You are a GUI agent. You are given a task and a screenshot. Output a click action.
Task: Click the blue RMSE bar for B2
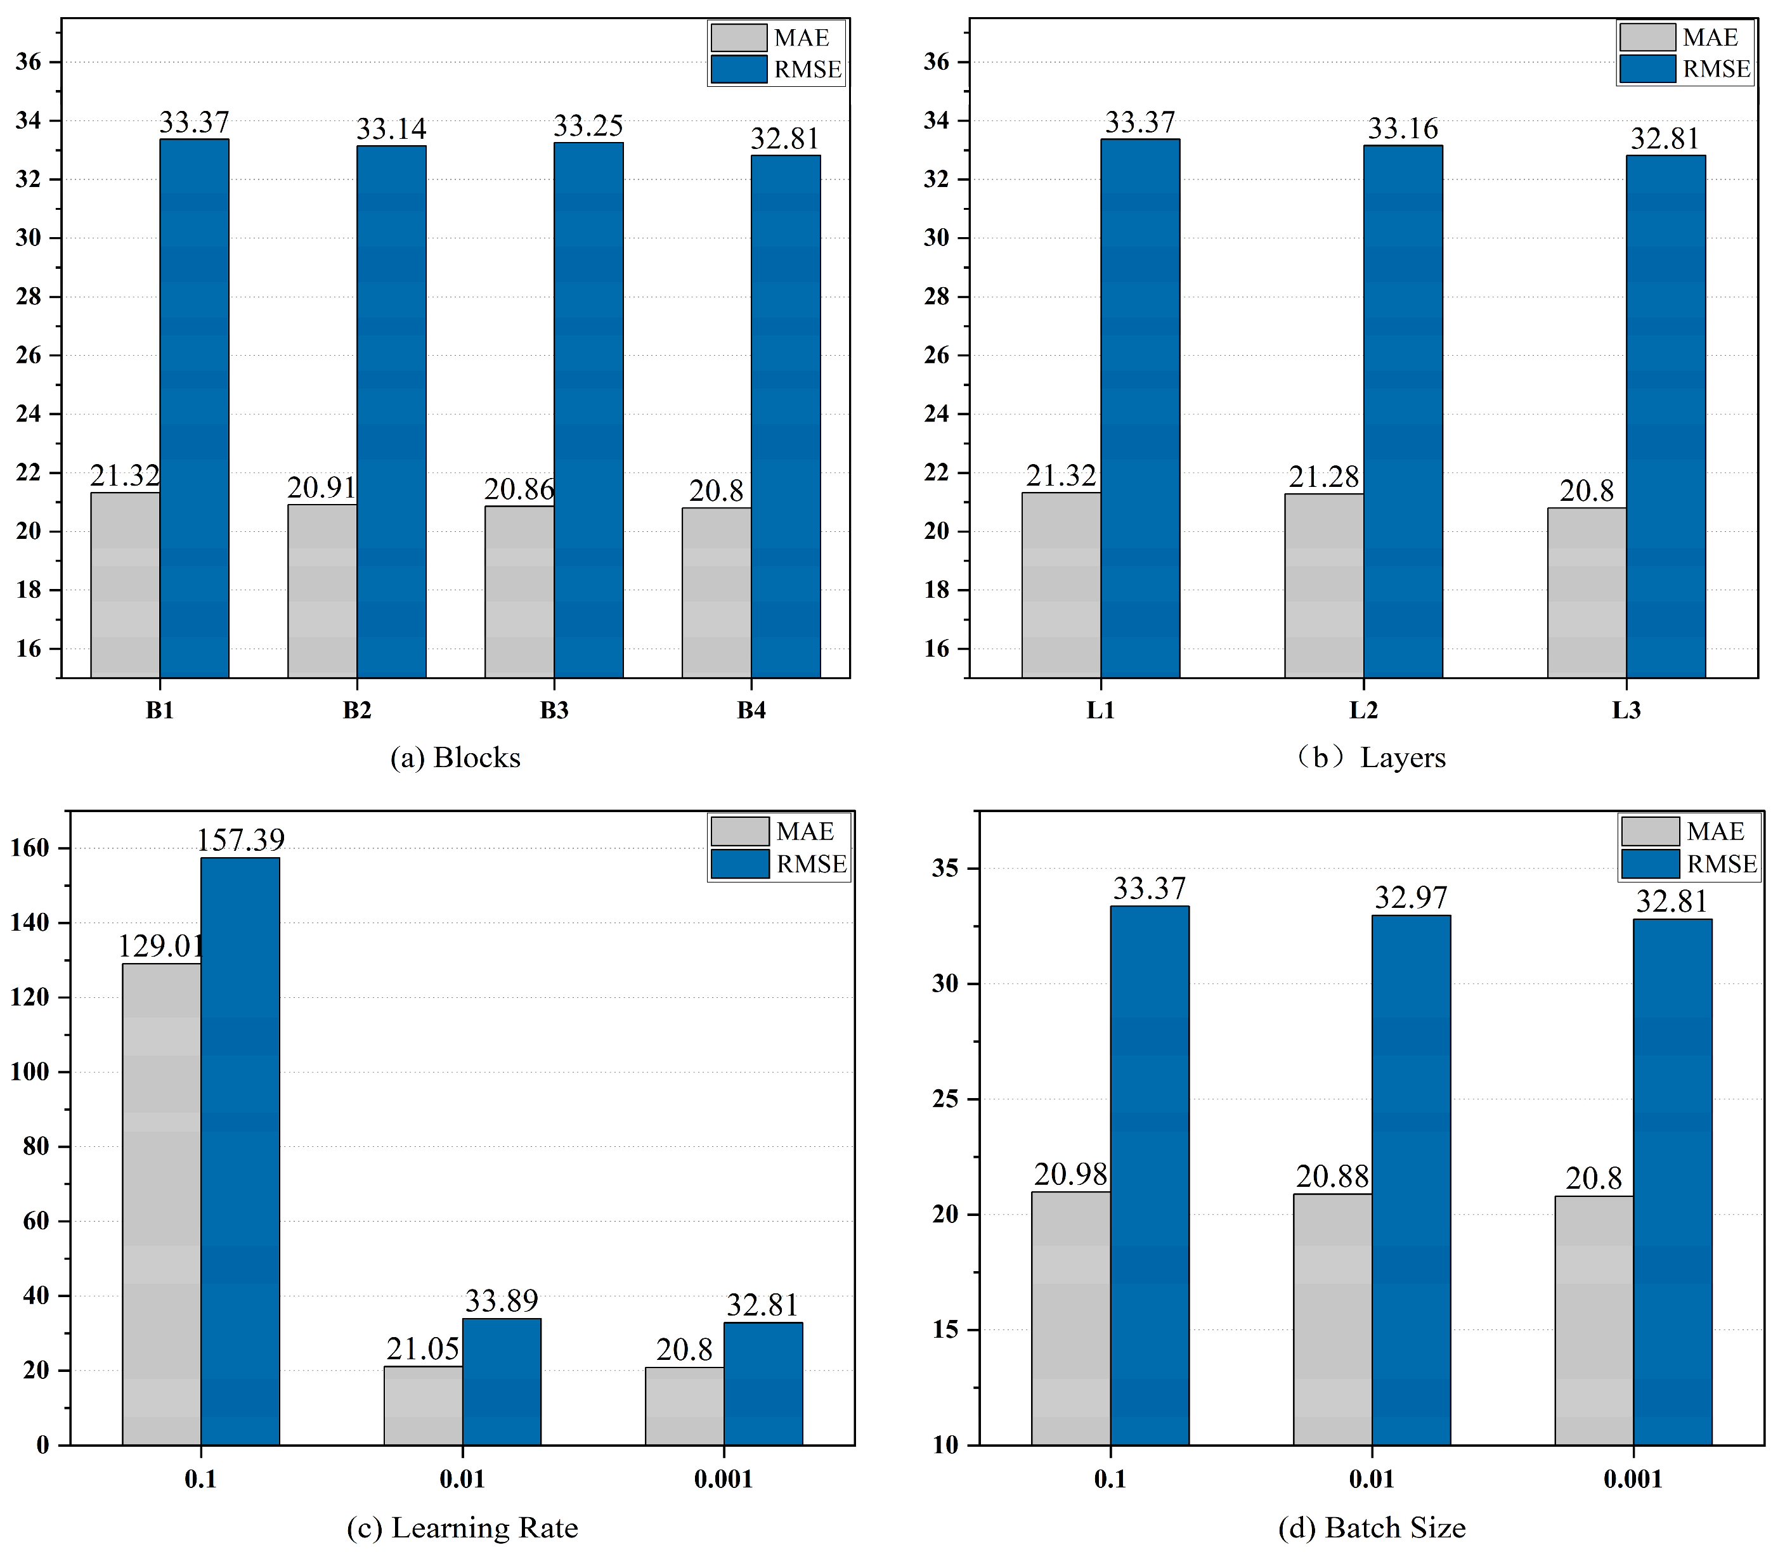coord(391,411)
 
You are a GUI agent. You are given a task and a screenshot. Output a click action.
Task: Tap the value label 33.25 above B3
coord(588,126)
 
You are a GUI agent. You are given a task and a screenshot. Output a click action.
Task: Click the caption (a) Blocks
coord(455,758)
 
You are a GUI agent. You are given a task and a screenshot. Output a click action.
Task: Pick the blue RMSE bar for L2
coord(1403,411)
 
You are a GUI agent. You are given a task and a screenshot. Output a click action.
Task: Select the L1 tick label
coord(1101,710)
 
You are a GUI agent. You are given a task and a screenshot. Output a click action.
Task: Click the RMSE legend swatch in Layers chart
coord(1647,69)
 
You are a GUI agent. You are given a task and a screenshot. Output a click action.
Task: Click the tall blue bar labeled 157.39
coord(240,1151)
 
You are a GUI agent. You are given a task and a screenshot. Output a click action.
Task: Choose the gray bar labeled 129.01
coord(161,1204)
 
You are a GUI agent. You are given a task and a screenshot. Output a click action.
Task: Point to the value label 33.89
coord(502,1301)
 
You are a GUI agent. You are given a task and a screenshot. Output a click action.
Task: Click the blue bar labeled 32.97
coord(1411,1180)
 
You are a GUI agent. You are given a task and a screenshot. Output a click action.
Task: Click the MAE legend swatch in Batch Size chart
coord(1651,831)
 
